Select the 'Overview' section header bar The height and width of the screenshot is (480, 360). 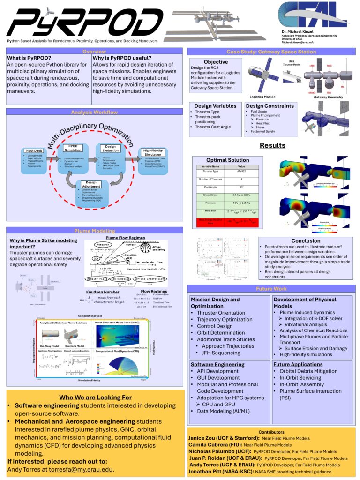94,52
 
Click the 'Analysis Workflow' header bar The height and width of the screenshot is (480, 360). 94,112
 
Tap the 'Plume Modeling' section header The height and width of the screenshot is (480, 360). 94,231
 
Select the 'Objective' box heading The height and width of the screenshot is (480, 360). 216,62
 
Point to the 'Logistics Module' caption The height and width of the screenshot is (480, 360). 262,97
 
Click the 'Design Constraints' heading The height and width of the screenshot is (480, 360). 270,106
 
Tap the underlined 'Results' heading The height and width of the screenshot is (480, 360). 272,145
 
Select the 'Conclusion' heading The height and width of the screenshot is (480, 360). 305,241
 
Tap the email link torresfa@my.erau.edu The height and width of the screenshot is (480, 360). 88,469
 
